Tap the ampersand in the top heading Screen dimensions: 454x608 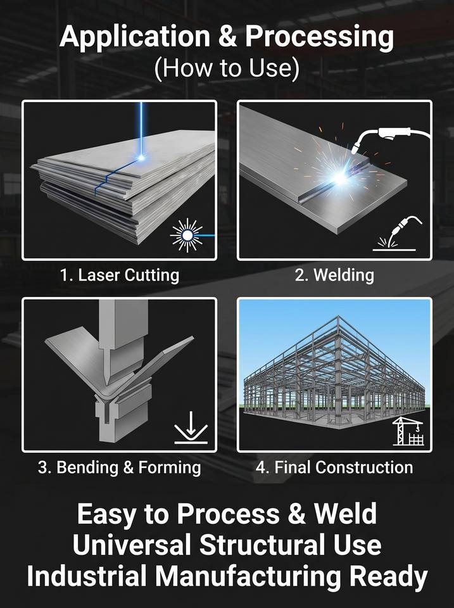(227, 37)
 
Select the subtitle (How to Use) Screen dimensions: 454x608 (227, 68)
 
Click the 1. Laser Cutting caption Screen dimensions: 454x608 (120, 275)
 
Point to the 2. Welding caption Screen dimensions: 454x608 (334, 275)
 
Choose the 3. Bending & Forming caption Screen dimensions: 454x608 (120, 467)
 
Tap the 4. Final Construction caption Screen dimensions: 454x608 (334, 467)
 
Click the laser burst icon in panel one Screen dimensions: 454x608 (187, 236)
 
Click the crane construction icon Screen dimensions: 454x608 (408, 431)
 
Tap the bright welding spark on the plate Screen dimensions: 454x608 (341, 177)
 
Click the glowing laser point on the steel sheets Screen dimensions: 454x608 (141, 158)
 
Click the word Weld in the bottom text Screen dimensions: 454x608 (345, 514)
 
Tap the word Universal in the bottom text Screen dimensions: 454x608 (132, 545)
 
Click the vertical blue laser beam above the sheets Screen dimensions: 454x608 (141, 128)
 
